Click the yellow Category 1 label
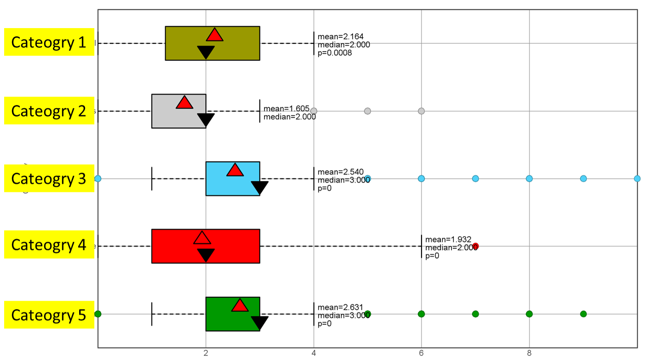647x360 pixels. point(49,42)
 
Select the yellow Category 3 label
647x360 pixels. point(49,178)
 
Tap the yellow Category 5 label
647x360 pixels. point(49,315)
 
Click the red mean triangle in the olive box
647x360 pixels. point(214,35)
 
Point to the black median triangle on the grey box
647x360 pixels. point(206,120)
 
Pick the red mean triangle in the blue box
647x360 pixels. point(235,170)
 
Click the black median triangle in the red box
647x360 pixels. point(206,255)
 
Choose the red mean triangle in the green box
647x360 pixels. point(240,305)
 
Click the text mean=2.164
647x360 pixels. point(341,37)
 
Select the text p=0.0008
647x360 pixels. point(335,53)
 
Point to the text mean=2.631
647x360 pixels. point(341,308)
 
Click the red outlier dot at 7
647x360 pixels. point(475,246)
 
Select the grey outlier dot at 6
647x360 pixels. point(421,111)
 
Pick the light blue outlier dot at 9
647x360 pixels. point(583,179)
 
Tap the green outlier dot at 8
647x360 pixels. point(529,314)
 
